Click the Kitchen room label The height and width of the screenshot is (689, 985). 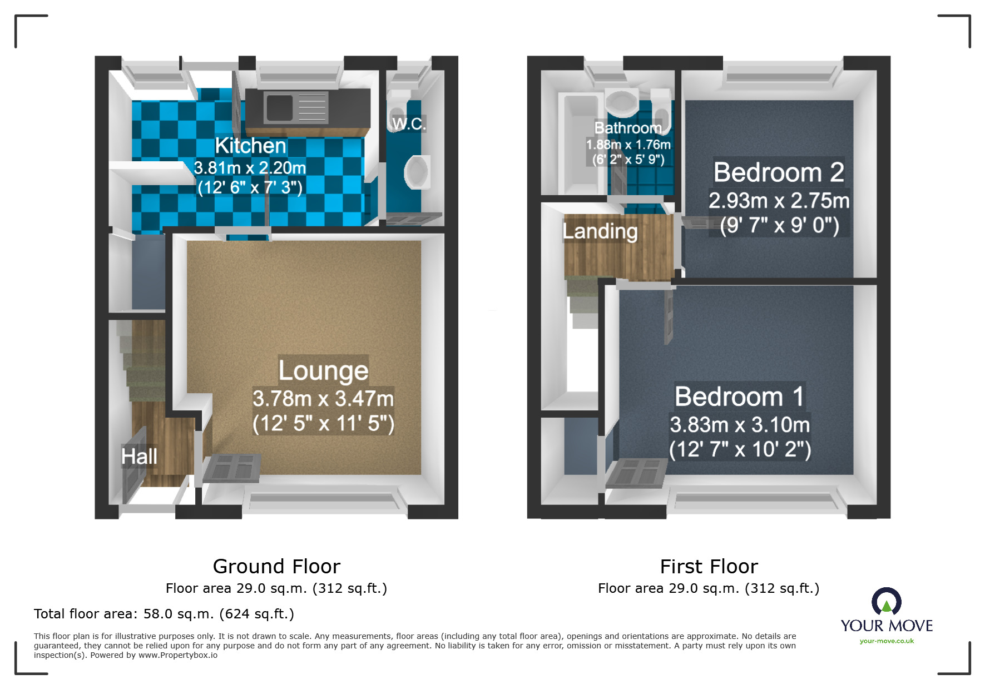250,146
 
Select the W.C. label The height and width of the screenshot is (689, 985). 409,123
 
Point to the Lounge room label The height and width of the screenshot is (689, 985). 323,370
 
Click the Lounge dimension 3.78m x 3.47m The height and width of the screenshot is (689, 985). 323,399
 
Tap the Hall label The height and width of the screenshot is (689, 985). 139,457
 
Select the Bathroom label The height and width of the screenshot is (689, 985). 628,128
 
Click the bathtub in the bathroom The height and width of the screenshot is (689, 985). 581,145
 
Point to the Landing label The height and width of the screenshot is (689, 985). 600,231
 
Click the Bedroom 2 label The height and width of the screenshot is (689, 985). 779,172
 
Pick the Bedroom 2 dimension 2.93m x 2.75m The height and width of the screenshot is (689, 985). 779,201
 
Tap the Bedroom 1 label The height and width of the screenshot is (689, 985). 739,396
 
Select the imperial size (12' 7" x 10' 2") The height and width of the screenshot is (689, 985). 740,449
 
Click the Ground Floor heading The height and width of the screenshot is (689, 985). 276,567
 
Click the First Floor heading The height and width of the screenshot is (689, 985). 709,567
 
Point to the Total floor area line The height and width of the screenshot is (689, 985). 164,614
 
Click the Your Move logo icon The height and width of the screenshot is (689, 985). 887,602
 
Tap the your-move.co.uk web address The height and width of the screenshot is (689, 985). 887,641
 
